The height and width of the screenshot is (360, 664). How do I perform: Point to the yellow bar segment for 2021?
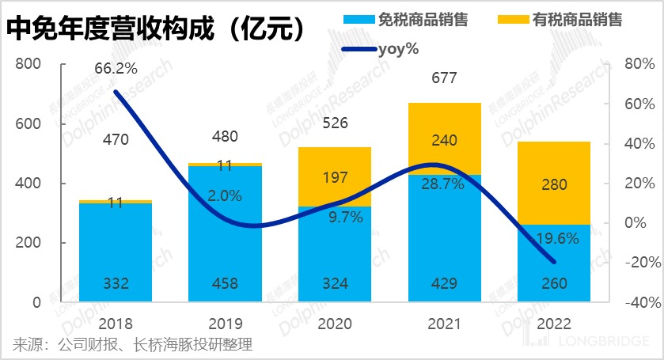444,138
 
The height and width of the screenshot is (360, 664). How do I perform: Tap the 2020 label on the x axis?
335,324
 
